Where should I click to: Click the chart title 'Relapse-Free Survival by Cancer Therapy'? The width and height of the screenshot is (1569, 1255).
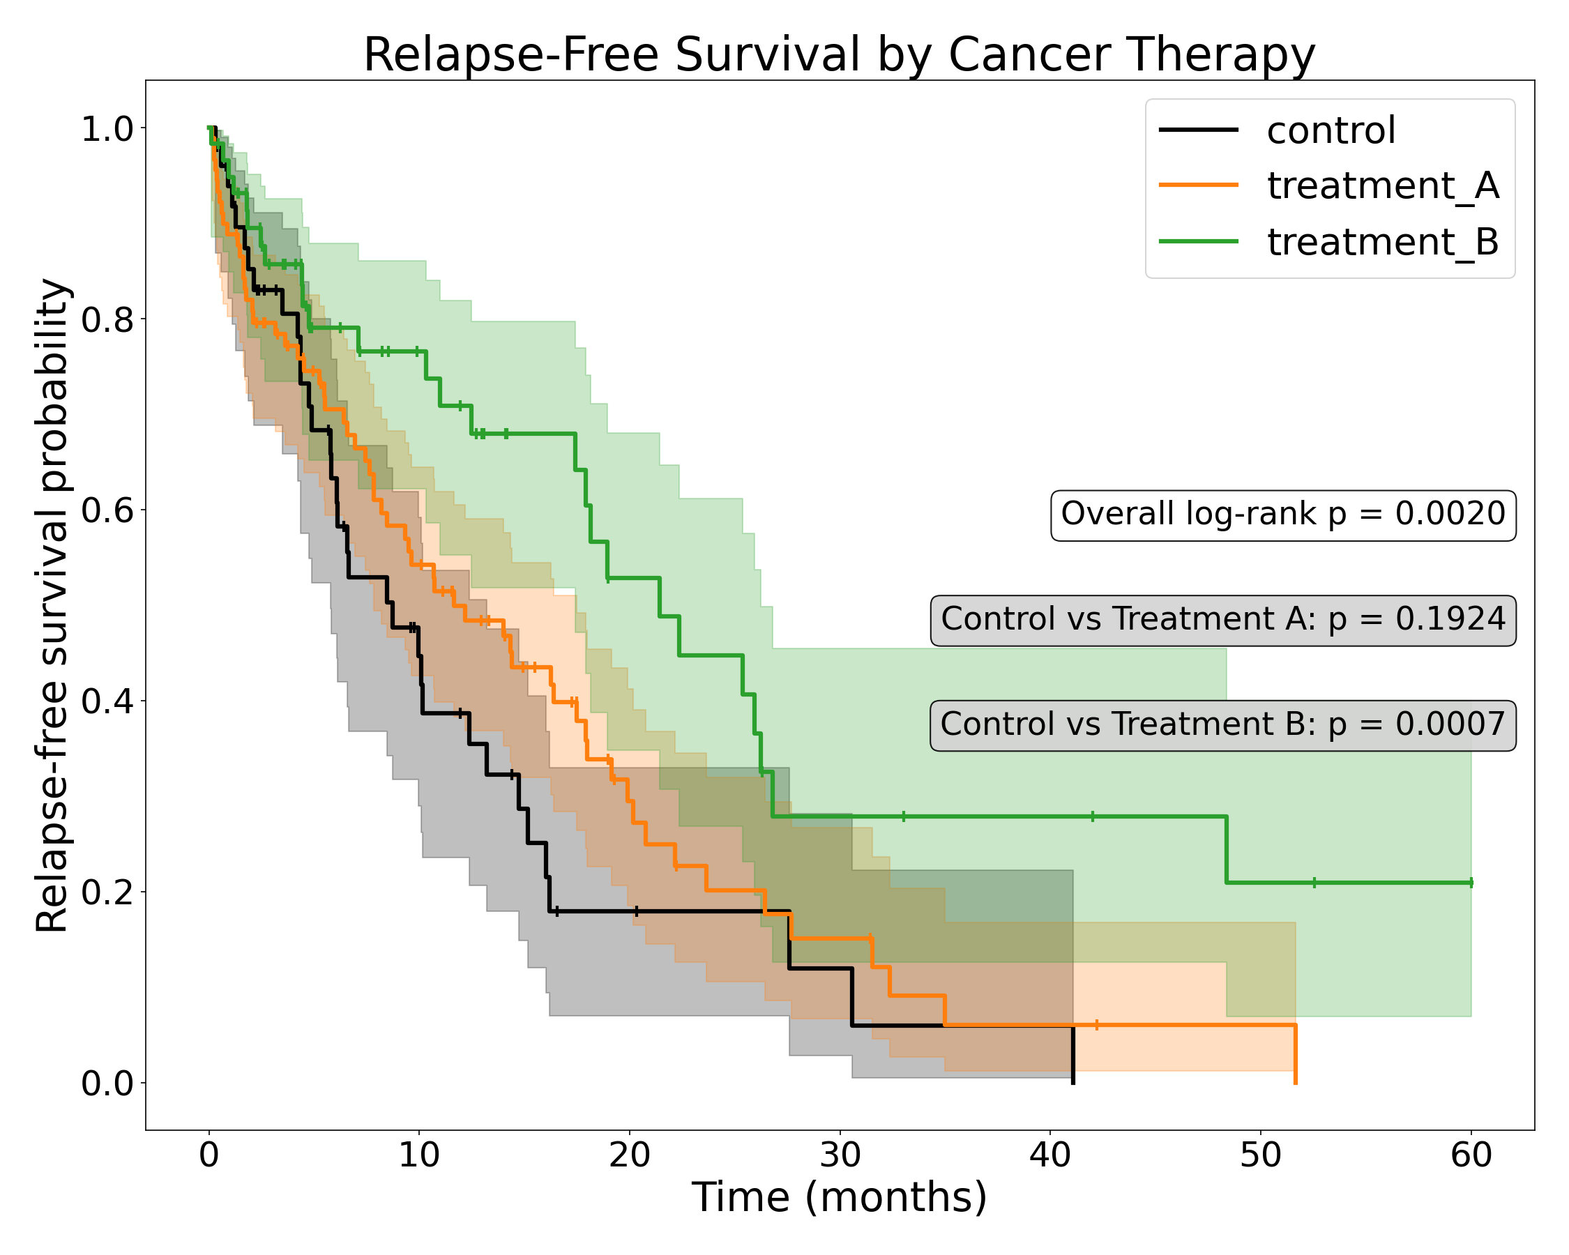coord(839,54)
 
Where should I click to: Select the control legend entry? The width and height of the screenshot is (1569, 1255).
coord(1331,131)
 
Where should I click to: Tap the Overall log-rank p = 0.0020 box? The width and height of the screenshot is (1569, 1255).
coord(1283,515)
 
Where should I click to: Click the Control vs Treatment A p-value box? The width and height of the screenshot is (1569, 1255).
coord(1222,619)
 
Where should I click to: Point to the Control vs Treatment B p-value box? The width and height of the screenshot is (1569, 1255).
coord(1222,724)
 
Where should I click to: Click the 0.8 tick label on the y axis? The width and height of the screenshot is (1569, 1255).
coord(107,319)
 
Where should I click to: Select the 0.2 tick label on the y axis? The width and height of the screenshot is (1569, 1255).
coord(107,892)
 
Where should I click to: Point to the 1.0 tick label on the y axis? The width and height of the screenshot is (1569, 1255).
coord(107,130)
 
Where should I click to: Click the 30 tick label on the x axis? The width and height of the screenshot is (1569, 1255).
coord(840,1155)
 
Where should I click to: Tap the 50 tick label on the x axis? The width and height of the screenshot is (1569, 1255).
coord(1261,1155)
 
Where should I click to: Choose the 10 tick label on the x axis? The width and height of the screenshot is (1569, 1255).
coord(419,1155)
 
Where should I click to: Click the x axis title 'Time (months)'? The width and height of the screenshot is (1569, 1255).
coord(839,1199)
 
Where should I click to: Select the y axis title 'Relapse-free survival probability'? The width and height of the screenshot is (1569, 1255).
coord(52,605)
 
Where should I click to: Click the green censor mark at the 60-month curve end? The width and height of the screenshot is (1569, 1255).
coord(1471,883)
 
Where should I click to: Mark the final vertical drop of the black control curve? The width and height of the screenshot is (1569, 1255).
coord(1072,1055)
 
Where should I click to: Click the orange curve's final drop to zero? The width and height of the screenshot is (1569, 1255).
coord(1296,1055)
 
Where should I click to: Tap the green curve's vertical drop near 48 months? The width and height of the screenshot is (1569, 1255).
coord(1226,850)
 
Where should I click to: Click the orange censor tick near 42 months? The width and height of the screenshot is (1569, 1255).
coord(1097,1025)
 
